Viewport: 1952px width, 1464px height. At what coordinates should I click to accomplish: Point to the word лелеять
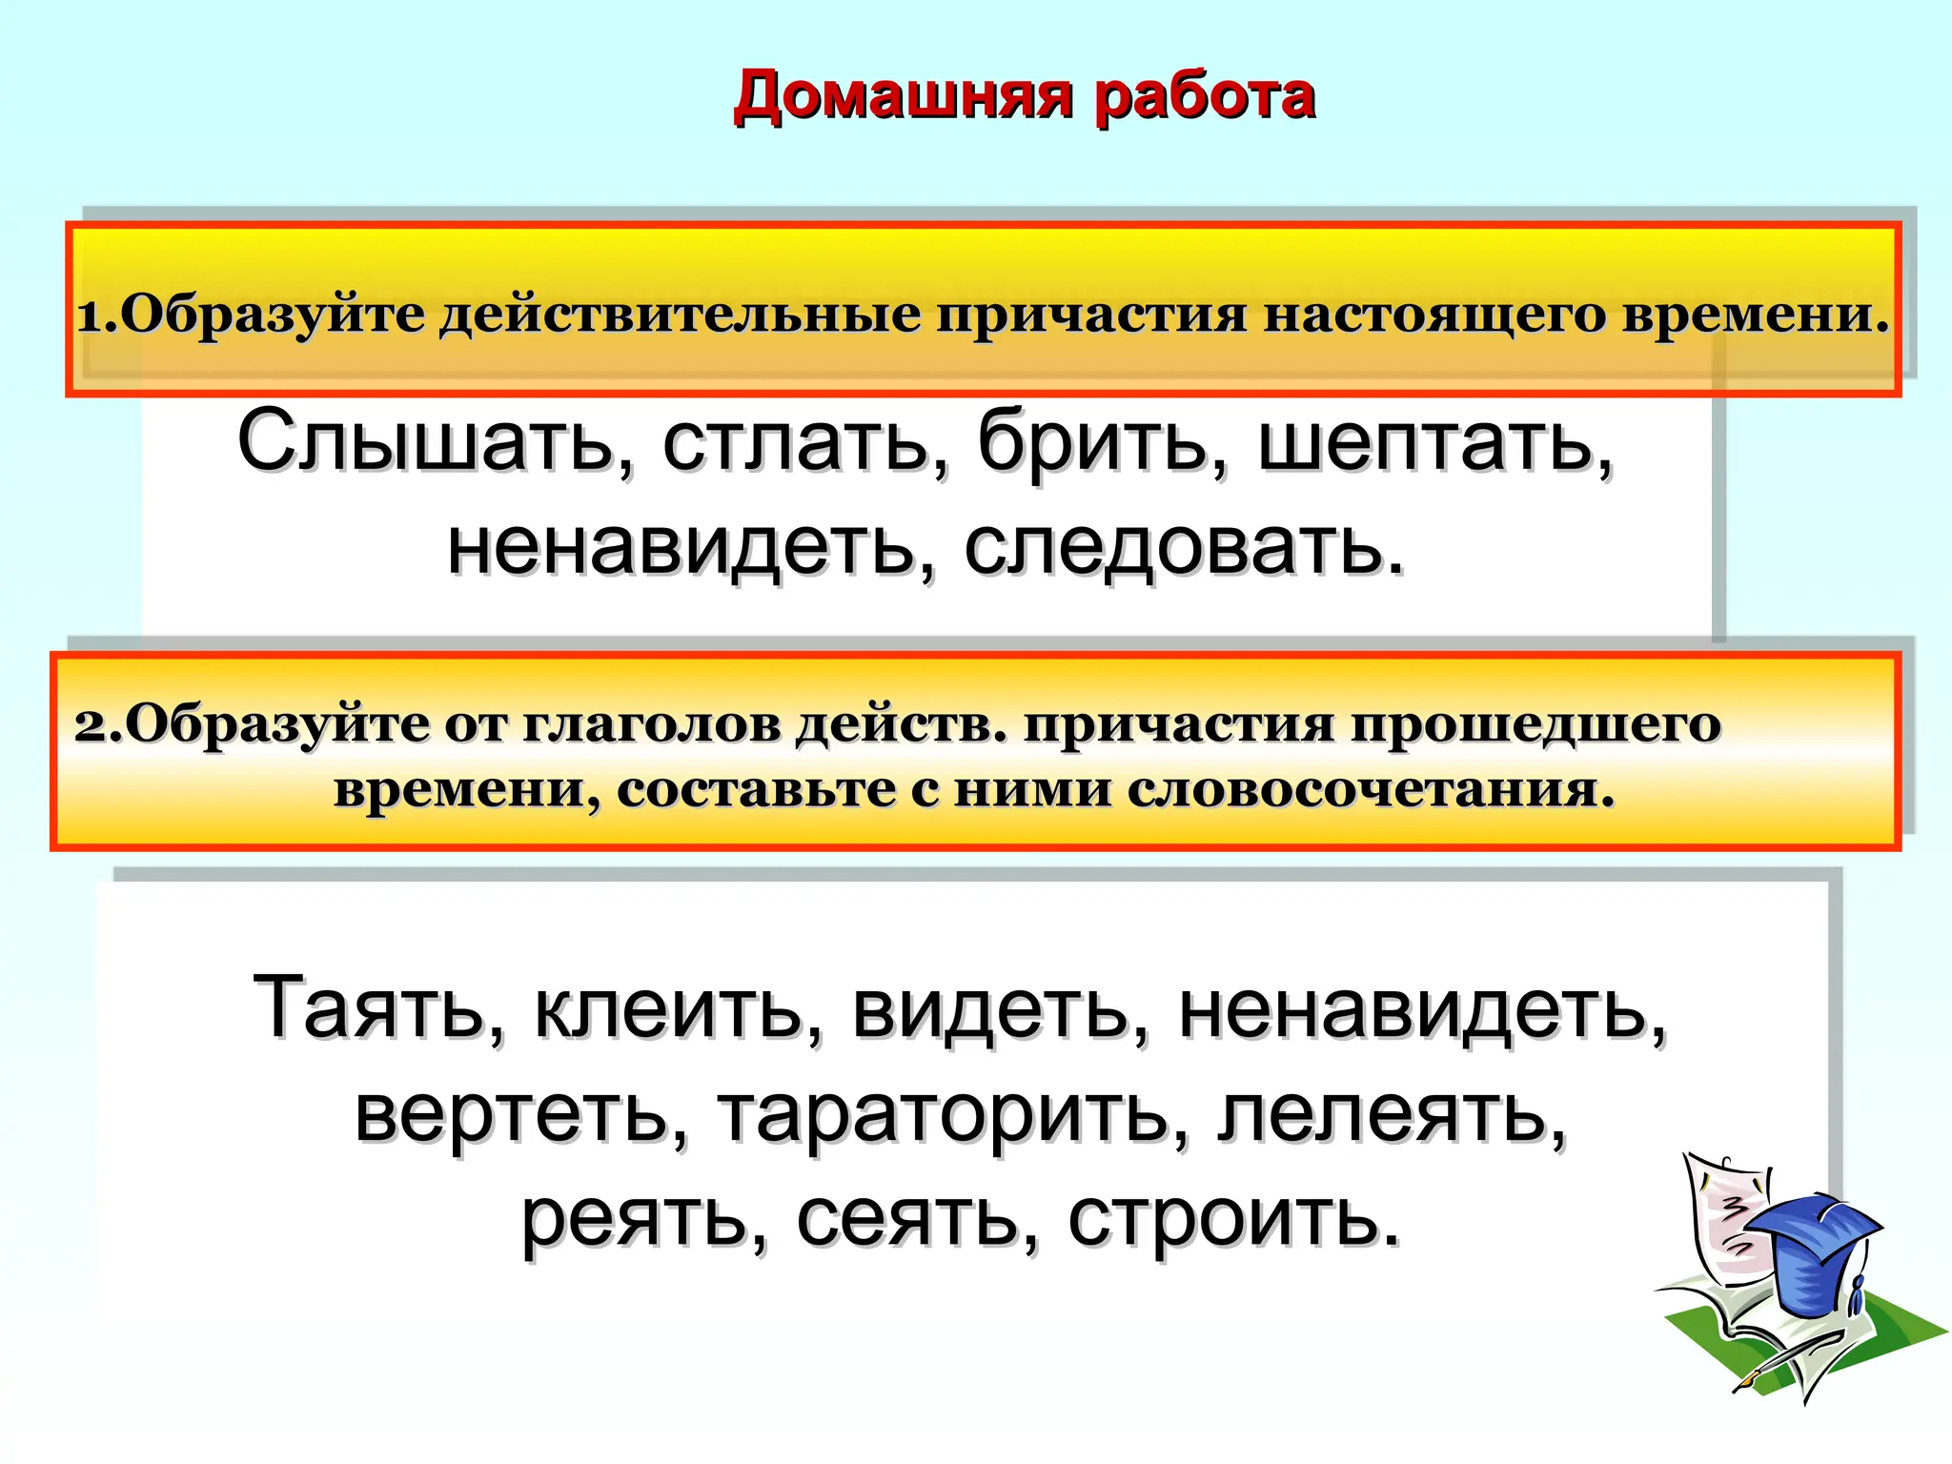click(x=1392, y=1115)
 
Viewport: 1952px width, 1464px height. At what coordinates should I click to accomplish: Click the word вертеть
click(x=520, y=1115)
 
